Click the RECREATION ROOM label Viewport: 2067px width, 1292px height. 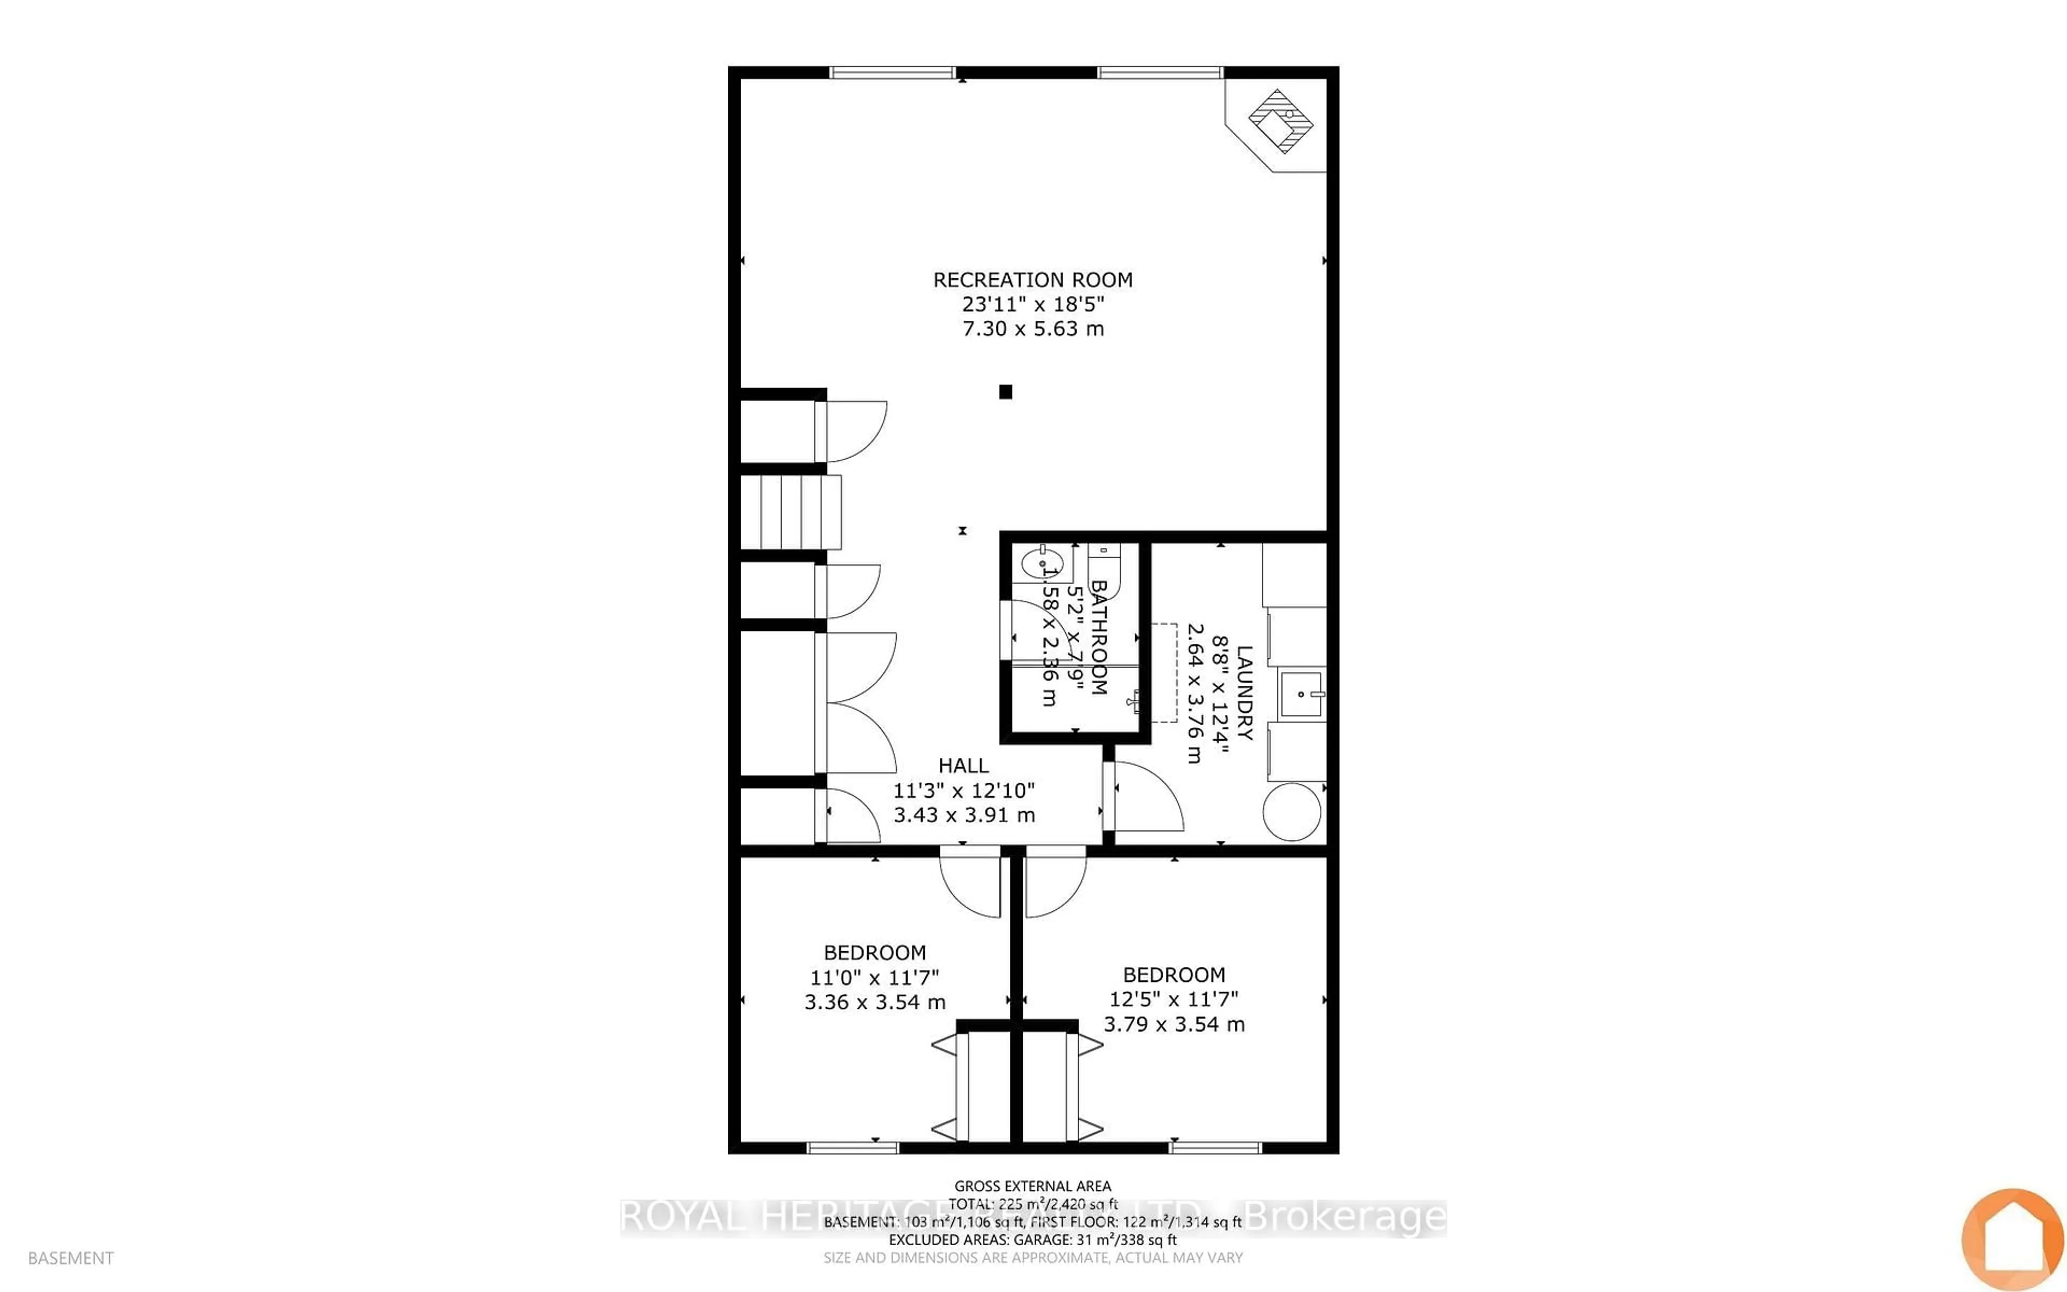click(1032, 279)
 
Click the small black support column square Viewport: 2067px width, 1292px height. click(1006, 392)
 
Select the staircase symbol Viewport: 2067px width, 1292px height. click(790, 512)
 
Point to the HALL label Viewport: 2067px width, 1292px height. click(964, 766)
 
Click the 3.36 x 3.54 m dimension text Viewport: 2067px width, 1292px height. click(875, 1002)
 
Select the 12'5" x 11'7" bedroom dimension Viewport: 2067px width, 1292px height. click(1173, 999)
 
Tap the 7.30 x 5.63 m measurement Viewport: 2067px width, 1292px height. click(1032, 329)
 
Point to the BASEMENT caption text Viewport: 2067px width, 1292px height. click(71, 1258)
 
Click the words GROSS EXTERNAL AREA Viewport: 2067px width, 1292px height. click(1032, 1186)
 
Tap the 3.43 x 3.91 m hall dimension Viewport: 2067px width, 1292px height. click(964, 815)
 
